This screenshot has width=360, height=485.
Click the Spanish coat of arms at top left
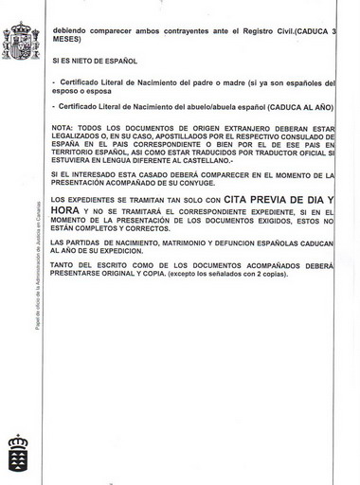(x=21, y=40)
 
